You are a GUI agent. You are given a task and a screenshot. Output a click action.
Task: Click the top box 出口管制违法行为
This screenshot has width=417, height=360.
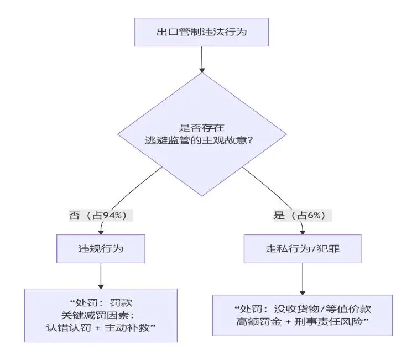[201, 32]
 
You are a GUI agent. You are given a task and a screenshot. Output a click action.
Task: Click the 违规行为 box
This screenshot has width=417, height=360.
[100, 248]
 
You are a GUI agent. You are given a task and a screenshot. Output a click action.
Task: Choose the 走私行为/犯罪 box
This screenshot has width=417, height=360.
[303, 248]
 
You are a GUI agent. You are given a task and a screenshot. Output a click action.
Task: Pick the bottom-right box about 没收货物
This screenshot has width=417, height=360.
[303, 315]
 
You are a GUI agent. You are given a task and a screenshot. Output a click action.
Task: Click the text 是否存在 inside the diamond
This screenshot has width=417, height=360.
[201, 127]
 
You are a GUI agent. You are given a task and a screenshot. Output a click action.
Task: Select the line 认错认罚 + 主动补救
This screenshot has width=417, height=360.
[101, 327]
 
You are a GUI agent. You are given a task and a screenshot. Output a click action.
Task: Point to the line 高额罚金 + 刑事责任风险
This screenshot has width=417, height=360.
[303, 321]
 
